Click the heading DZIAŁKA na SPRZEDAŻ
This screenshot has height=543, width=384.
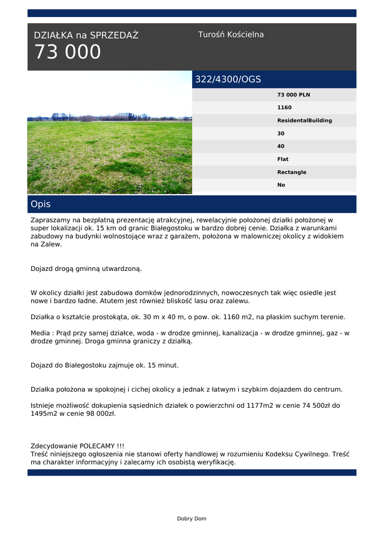(86, 36)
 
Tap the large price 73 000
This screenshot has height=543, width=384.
(67, 52)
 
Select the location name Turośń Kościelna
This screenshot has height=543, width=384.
(231, 34)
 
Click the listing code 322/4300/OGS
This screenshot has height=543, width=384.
(228, 80)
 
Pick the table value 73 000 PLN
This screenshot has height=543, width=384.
(293, 95)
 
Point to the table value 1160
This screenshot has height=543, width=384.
(284, 108)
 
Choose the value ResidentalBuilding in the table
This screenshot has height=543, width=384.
(305, 120)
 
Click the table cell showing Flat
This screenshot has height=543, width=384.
(283, 159)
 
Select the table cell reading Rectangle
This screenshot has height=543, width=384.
(291, 172)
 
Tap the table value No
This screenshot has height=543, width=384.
(281, 185)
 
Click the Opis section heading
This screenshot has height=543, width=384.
(41, 204)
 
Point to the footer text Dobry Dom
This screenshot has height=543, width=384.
(192, 519)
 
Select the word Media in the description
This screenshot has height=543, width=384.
(41, 333)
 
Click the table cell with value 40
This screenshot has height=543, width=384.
(281, 146)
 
